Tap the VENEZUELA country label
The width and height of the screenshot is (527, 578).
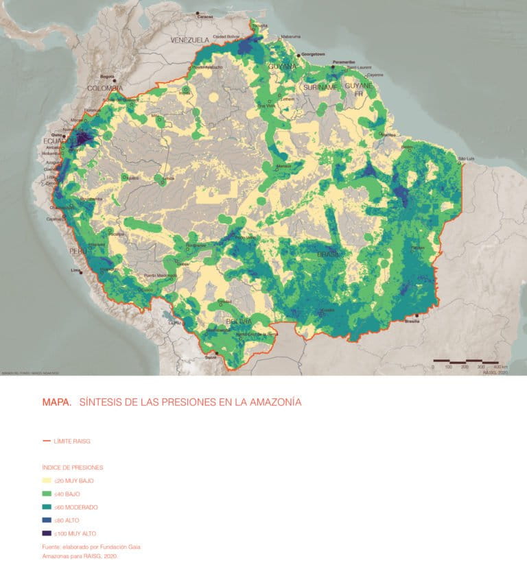189,40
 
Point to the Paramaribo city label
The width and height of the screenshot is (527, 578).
344,62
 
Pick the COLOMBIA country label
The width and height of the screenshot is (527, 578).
104,88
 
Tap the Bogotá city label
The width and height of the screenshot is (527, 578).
107,76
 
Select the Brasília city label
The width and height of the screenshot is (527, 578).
412,321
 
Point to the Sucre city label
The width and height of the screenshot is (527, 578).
211,357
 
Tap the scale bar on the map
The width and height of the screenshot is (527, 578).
465,361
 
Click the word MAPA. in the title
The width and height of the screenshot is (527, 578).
56,402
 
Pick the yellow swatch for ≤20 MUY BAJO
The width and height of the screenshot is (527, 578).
47,481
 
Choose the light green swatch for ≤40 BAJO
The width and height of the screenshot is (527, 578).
47,494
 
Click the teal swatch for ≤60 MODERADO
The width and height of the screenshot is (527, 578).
47,507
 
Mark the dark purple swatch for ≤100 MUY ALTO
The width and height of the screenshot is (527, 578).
47,533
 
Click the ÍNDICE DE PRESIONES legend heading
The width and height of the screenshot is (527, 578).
73,467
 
